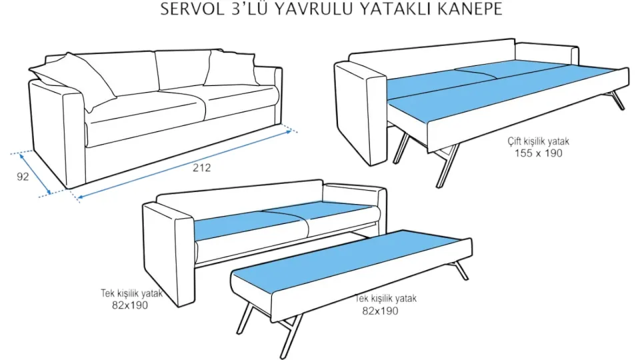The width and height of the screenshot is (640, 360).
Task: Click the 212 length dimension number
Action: (x=202, y=168)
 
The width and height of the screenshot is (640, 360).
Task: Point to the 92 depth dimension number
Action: (x=21, y=178)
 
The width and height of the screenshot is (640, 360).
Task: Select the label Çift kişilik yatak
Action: (x=538, y=141)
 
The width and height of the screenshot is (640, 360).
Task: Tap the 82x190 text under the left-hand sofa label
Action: (x=129, y=305)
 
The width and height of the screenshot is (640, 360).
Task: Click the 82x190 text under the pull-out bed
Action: (x=380, y=311)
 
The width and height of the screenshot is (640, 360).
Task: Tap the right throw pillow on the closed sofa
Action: (x=229, y=69)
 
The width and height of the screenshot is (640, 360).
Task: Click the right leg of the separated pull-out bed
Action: (x=460, y=270)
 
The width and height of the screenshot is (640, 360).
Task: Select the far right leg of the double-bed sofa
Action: (x=618, y=100)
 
